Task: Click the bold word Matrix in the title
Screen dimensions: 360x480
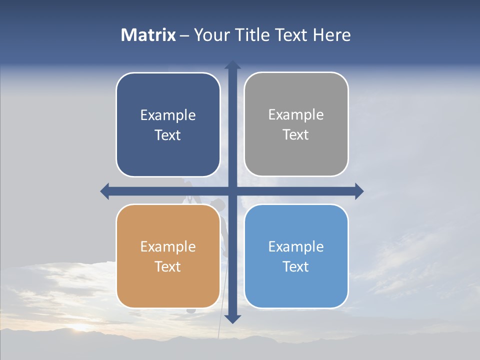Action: coord(148,35)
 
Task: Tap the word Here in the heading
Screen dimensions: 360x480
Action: coord(331,35)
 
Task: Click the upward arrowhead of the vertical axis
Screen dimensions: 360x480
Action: coord(232,64)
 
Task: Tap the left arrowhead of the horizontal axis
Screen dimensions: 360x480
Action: coord(104,191)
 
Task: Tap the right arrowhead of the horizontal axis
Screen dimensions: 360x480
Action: coord(359,191)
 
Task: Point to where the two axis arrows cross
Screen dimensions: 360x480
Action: coord(232,191)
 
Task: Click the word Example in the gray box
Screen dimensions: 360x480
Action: coord(296,115)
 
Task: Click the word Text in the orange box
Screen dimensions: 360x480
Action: coord(168,266)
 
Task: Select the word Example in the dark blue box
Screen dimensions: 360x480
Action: coord(168,115)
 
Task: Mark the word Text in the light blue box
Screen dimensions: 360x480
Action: coord(296,266)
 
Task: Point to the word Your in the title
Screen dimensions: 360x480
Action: coord(210,35)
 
